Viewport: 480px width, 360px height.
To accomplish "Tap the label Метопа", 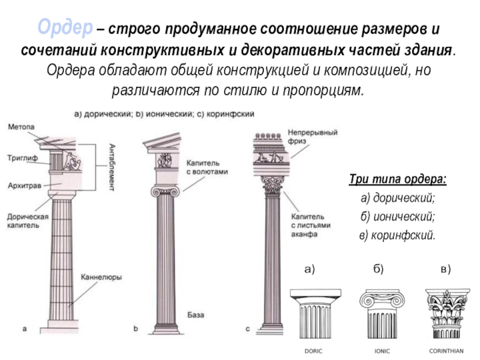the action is (22, 127).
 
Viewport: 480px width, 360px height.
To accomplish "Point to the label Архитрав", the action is (25, 186).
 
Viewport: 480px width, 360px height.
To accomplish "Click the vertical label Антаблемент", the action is (113, 167).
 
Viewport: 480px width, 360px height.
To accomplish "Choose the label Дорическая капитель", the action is (25, 221).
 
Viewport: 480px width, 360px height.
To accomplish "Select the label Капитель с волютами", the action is (207, 167).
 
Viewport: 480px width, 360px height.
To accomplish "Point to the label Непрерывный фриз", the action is (311, 136).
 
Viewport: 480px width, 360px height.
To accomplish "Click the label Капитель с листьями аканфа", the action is (308, 225).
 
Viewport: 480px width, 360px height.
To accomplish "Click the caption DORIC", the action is (314, 350).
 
